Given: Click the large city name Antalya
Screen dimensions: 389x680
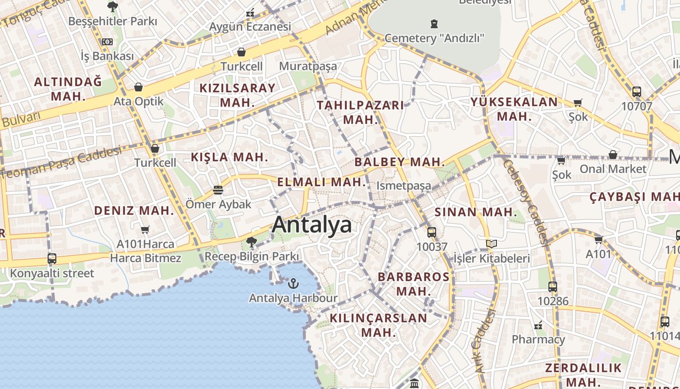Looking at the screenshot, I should (x=312, y=225).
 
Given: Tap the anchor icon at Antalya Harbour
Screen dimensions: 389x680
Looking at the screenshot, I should (x=293, y=283).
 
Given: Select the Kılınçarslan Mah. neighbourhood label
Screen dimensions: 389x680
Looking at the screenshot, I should (x=378, y=325).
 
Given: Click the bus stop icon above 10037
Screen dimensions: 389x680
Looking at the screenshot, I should (x=431, y=232).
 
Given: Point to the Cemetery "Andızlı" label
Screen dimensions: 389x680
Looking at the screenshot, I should (x=434, y=38).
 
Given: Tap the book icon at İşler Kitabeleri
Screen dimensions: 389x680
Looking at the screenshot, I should (x=492, y=244).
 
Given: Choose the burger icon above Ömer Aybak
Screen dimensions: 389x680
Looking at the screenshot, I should (x=218, y=190).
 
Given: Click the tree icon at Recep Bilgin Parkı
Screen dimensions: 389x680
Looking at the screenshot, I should (x=251, y=242).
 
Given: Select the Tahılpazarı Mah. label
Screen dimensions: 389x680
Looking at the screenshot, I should (x=360, y=112).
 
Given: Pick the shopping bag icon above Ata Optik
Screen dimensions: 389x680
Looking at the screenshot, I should (x=138, y=87).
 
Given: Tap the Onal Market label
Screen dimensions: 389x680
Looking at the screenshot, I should (x=613, y=169).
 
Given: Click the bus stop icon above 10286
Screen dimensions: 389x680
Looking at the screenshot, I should (x=552, y=287).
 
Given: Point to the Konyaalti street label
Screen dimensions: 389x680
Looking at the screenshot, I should (x=52, y=273).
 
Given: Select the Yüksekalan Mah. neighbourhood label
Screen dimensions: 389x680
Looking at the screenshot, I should (x=514, y=109).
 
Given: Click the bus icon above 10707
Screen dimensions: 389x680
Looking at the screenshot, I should (x=636, y=91).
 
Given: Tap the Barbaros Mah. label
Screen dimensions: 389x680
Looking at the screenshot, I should (x=414, y=284).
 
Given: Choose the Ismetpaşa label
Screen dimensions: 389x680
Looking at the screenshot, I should (x=404, y=186).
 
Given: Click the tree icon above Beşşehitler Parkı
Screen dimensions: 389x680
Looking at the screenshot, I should (x=113, y=7).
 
